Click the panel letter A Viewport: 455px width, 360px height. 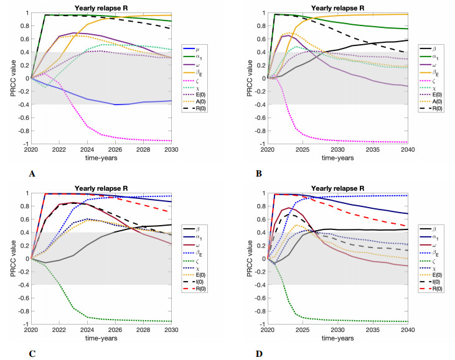(32, 175)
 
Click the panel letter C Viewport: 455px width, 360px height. (32, 354)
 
